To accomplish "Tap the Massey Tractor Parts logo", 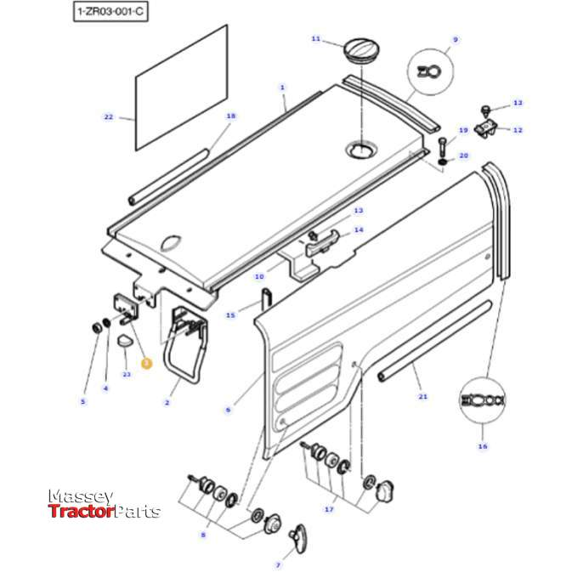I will click(x=103, y=504).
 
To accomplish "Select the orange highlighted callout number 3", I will click(x=145, y=363).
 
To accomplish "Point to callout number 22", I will click(x=108, y=116).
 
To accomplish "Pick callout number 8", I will click(x=202, y=535).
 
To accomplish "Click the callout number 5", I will click(x=82, y=401).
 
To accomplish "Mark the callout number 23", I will click(x=126, y=374).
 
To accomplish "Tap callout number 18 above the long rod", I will click(x=230, y=116).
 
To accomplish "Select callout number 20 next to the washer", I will click(x=464, y=156).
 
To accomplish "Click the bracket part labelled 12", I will click(x=488, y=128).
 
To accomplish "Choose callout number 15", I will click(x=230, y=315).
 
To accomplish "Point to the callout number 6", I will click(x=228, y=410).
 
